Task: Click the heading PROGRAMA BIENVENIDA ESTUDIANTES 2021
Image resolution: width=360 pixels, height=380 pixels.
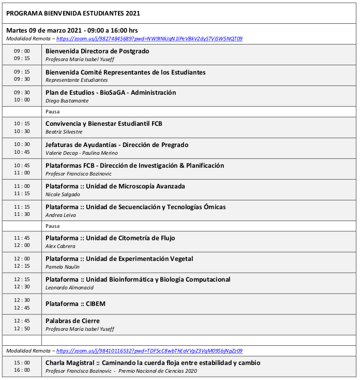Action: tap(73, 13)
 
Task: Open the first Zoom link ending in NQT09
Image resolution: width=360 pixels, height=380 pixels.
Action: tap(149, 39)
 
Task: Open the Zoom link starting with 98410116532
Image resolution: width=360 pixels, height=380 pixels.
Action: tap(149, 351)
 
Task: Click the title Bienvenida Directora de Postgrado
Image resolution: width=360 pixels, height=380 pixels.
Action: tap(97, 51)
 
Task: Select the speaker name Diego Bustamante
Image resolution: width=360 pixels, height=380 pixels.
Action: tap(67, 101)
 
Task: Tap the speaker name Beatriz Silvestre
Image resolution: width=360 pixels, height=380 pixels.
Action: tap(64, 132)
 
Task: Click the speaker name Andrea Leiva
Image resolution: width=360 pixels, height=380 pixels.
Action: tap(61, 215)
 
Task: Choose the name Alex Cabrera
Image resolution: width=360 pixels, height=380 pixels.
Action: tap(61, 246)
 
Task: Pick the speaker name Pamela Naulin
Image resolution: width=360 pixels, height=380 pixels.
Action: tap(62, 267)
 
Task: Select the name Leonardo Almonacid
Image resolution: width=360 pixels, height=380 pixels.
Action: tap(70, 287)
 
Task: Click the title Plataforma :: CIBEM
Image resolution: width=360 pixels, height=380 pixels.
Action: tap(76, 304)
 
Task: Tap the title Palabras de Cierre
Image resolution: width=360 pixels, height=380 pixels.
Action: tap(72, 321)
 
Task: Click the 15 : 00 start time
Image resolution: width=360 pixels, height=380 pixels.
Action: tap(22, 363)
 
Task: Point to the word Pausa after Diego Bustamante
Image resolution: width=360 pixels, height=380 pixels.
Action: tap(53, 111)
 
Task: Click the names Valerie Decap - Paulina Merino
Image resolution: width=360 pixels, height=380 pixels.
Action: tap(81, 153)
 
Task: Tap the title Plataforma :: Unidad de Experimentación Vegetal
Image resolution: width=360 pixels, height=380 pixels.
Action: tap(122, 259)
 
